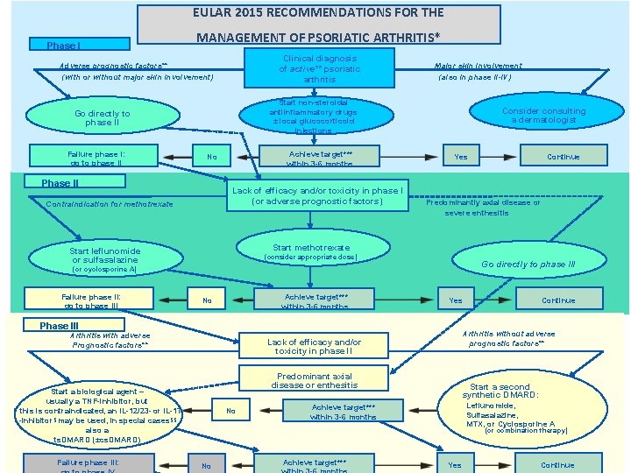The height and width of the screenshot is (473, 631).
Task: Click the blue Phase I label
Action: pyautogui.click(x=64, y=45)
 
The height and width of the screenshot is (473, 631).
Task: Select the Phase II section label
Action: pyautogui.click(x=60, y=183)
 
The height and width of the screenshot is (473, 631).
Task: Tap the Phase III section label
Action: pyautogui.click(x=59, y=326)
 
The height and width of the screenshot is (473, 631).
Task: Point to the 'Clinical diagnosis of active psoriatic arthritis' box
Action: pyautogui.click(x=319, y=68)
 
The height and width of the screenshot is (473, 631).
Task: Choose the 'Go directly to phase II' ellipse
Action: pyautogui.click(x=102, y=118)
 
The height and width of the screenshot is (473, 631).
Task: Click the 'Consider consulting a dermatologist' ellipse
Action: pyautogui.click(x=542, y=116)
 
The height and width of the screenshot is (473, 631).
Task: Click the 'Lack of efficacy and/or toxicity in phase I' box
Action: pyautogui.click(x=316, y=195)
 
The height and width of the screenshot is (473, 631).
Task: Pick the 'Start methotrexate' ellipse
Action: pyautogui.click(x=310, y=251)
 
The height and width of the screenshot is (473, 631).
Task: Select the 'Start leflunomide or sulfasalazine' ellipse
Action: pyautogui.click(x=104, y=258)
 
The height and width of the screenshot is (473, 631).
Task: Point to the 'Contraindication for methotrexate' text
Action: pyautogui.click(x=110, y=204)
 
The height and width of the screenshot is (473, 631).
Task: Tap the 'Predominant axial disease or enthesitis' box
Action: pyautogui.click(x=314, y=380)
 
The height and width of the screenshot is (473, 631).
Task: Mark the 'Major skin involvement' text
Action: pyautogui.click(x=478, y=66)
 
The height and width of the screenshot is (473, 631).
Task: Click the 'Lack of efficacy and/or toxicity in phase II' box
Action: pyautogui.click(x=314, y=346)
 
